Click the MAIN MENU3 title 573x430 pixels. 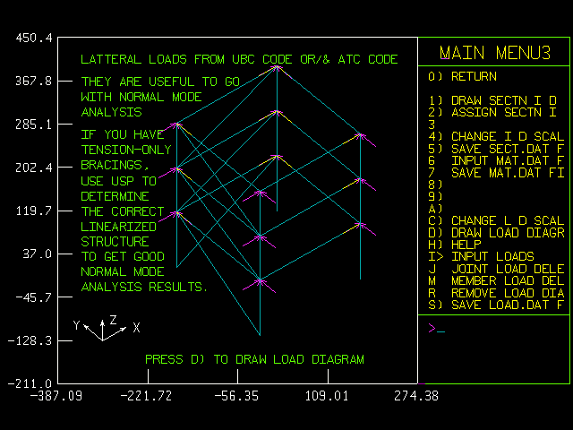(495, 52)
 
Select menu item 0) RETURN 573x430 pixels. (462, 77)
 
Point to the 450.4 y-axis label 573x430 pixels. (34, 38)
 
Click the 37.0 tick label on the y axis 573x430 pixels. (38, 254)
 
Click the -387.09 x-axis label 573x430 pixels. (56, 395)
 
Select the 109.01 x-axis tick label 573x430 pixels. (328, 395)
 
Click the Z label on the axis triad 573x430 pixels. (114, 320)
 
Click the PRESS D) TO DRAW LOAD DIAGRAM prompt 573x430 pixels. (254, 359)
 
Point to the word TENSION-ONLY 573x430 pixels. (121, 150)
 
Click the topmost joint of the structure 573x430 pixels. (277, 66)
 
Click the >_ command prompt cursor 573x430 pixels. (436, 329)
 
